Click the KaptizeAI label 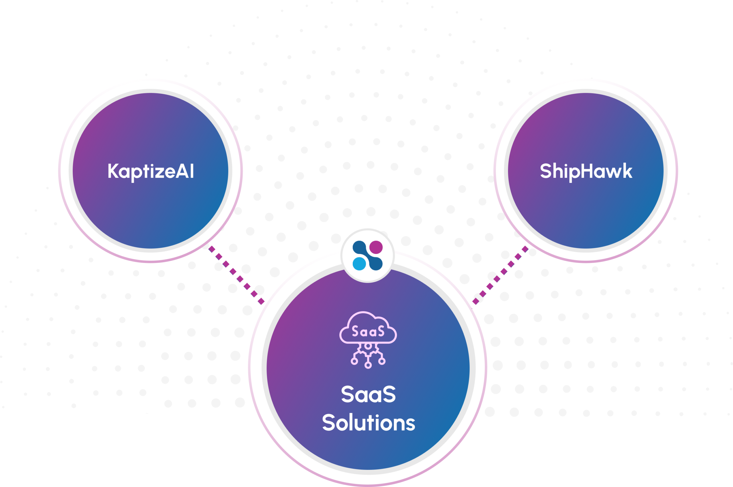pos(151,171)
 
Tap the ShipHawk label pos(586,171)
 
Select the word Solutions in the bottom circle pos(369,423)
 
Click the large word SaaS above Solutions pos(369,394)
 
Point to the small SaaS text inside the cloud pos(368,331)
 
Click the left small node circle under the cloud pos(354,361)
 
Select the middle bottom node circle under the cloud pos(368,365)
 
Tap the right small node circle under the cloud pos(382,361)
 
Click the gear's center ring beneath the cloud pos(368,346)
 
